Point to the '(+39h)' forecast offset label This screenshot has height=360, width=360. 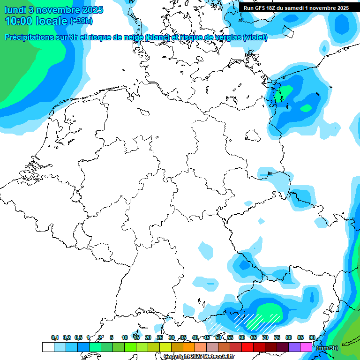click(82, 21)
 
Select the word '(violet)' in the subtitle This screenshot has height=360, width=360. click(255, 37)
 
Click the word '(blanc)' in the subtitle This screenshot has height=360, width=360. click(157, 37)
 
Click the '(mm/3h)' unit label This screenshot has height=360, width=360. click(328, 347)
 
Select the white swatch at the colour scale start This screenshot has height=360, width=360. click(48, 347)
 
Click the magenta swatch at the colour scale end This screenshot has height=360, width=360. click(306, 347)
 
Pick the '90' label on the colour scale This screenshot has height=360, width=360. click(312, 337)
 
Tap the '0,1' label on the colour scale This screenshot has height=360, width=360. click(55, 337)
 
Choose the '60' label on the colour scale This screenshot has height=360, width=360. click(242, 337)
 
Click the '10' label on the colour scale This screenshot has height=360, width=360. click(125, 337)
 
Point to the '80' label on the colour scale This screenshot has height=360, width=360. click(289, 337)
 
